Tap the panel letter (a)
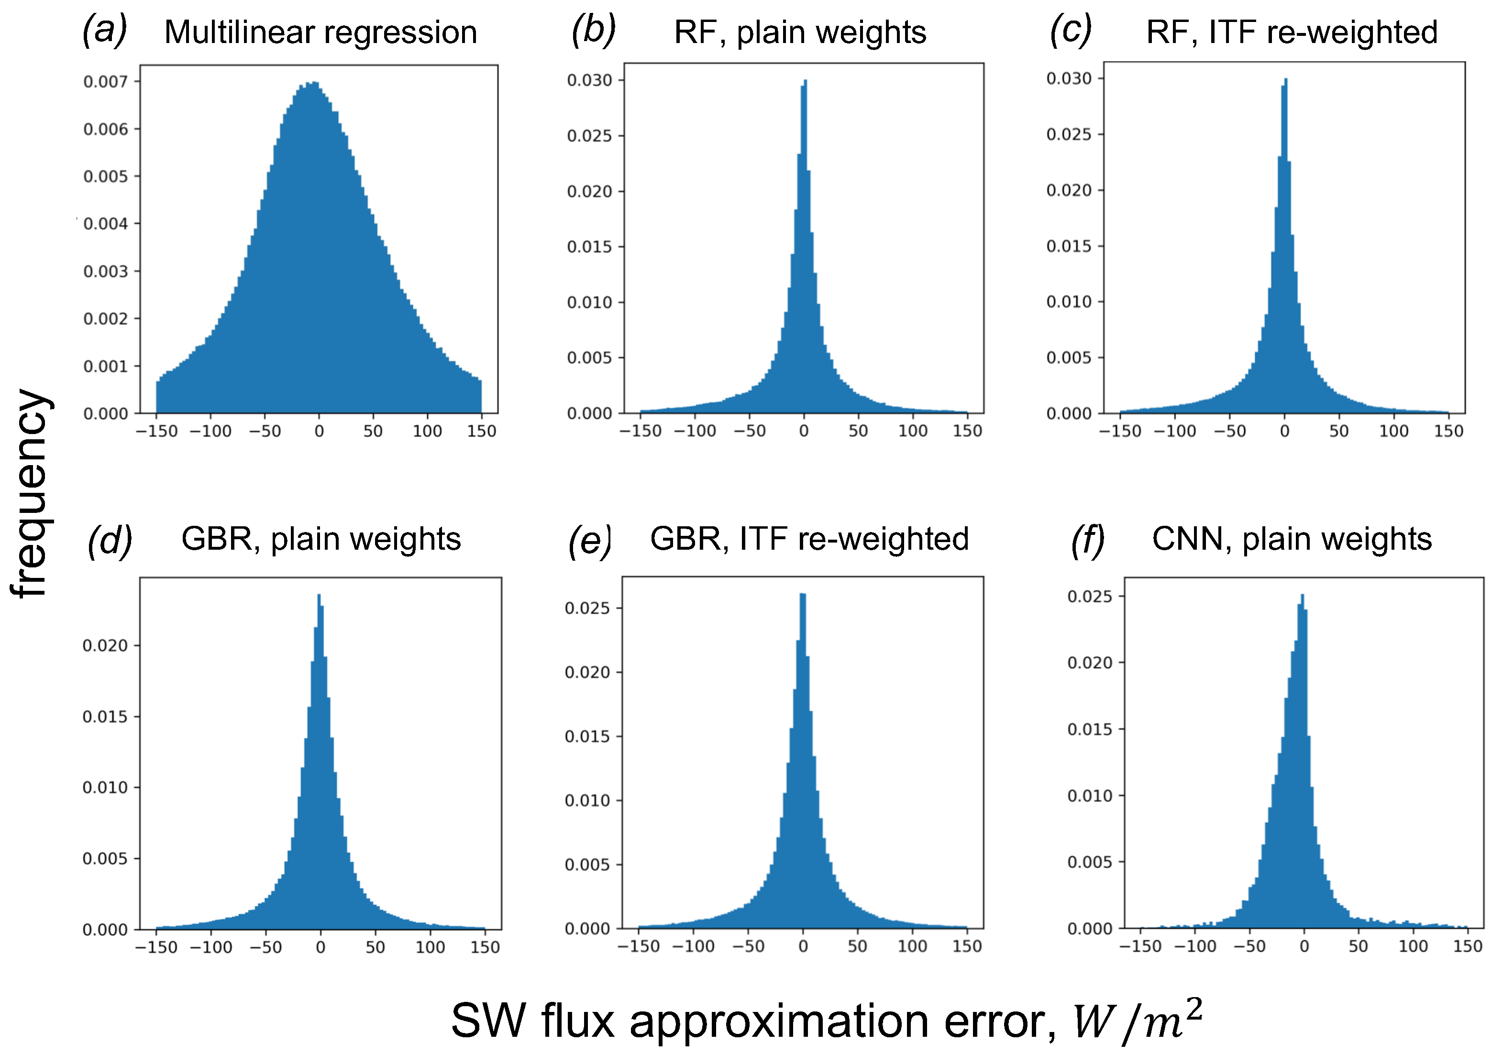tap(103, 30)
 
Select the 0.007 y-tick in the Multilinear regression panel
tap(105, 82)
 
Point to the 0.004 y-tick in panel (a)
tap(105, 224)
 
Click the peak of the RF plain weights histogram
tap(805, 82)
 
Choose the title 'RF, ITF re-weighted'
tap(1292, 32)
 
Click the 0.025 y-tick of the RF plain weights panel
tap(589, 136)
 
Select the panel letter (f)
tap(1087, 541)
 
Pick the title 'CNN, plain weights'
tap(1292, 539)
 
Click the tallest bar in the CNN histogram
tap(1302, 597)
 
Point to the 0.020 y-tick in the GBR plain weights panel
tap(105, 646)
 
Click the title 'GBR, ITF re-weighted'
tap(809, 539)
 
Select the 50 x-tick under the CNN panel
tap(1359, 946)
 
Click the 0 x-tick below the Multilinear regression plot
tap(319, 431)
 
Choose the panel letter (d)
tap(110, 541)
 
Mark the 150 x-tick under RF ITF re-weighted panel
tap(1448, 431)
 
